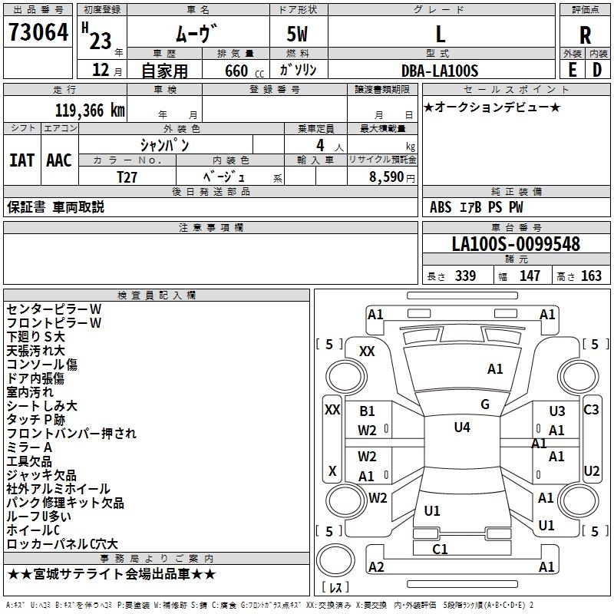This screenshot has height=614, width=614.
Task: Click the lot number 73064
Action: (38, 33)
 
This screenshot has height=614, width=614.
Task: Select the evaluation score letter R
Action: (585, 35)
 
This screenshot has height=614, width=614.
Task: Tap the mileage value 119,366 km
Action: (89, 110)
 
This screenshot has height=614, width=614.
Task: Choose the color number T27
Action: (127, 176)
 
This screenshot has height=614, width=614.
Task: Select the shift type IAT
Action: (22, 160)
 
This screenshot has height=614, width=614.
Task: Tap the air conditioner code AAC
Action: (59, 160)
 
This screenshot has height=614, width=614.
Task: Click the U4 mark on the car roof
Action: (461, 427)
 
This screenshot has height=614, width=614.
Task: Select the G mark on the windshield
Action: (484, 404)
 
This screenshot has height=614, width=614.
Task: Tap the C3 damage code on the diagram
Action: (591, 410)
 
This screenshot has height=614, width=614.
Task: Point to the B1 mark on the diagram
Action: (367, 411)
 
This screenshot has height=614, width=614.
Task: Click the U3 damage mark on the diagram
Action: (556, 411)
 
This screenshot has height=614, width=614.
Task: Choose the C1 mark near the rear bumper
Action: (440, 549)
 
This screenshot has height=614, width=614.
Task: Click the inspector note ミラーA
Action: (29, 447)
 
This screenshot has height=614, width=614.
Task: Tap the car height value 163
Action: (591, 276)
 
